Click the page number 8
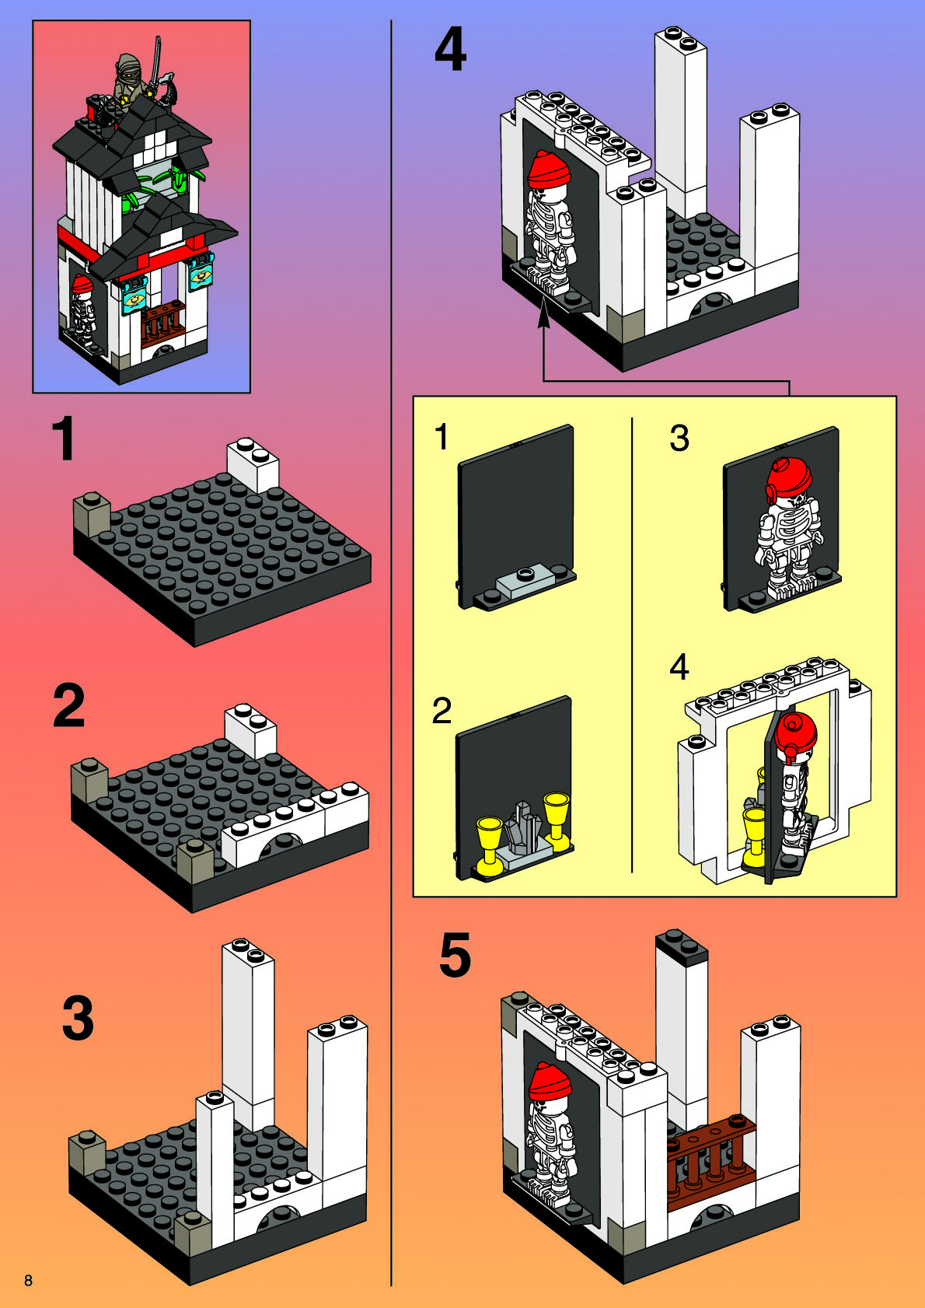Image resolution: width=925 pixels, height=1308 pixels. tap(29, 1280)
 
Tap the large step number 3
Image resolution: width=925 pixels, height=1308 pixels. tap(78, 1018)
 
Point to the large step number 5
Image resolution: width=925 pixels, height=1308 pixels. tap(455, 956)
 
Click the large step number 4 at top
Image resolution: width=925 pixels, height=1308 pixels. tap(450, 50)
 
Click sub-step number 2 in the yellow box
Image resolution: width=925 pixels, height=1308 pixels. tap(442, 711)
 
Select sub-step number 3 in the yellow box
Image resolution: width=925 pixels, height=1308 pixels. tap(679, 438)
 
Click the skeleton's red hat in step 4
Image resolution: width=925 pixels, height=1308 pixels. tap(549, 169)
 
